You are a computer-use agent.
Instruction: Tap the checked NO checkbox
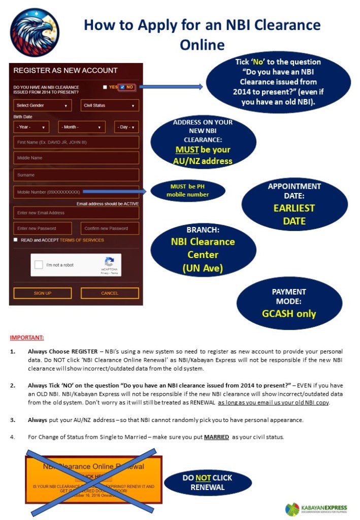(x=122, y=87)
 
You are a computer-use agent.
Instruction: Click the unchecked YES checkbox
(x=105, y=87)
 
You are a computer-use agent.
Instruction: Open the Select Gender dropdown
(x=42, y=106)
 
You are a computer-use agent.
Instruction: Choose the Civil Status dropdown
(x=110, y=106)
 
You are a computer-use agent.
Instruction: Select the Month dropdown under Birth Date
(x=82, y=127)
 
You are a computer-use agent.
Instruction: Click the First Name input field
(x=76, y=142)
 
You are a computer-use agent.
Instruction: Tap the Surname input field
(x=76, y=175)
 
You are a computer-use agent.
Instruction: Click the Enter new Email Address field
(x=76, y=213)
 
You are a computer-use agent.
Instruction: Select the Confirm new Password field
(x=110, y=229)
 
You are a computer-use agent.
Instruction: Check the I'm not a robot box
(x=39, y=265)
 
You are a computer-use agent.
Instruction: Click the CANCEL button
(x=110, y=293)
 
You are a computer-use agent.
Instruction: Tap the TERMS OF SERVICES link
(x=82, y=240)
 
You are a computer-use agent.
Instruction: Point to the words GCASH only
(x=289, y=313)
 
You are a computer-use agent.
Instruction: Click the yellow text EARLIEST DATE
(x=294, y=214)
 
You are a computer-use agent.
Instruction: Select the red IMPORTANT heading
(x=27, y=338)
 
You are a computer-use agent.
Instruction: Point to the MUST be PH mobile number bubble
(x=187, y=190)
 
